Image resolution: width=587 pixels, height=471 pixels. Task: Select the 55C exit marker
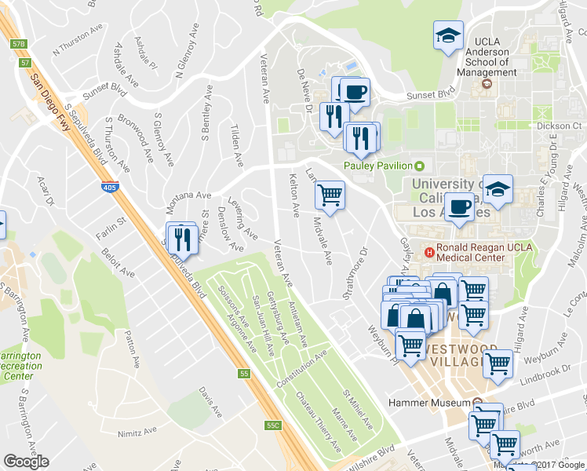coord(272,425)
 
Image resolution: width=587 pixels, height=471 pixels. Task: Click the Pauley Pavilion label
coord(378,166)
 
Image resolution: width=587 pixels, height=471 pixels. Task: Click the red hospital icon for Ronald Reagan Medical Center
coord(429,252)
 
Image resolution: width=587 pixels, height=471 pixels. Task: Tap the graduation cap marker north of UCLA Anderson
coord(448,36)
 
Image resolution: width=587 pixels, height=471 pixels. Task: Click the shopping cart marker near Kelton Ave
coord(330,194)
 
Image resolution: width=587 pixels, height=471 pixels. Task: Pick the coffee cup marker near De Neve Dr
coord(354,91)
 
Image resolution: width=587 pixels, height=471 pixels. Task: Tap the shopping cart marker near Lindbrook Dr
coord(498,363)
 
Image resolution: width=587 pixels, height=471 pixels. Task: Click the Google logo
coord(26,462)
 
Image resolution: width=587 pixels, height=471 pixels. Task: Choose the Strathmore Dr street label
coord(356,274)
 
